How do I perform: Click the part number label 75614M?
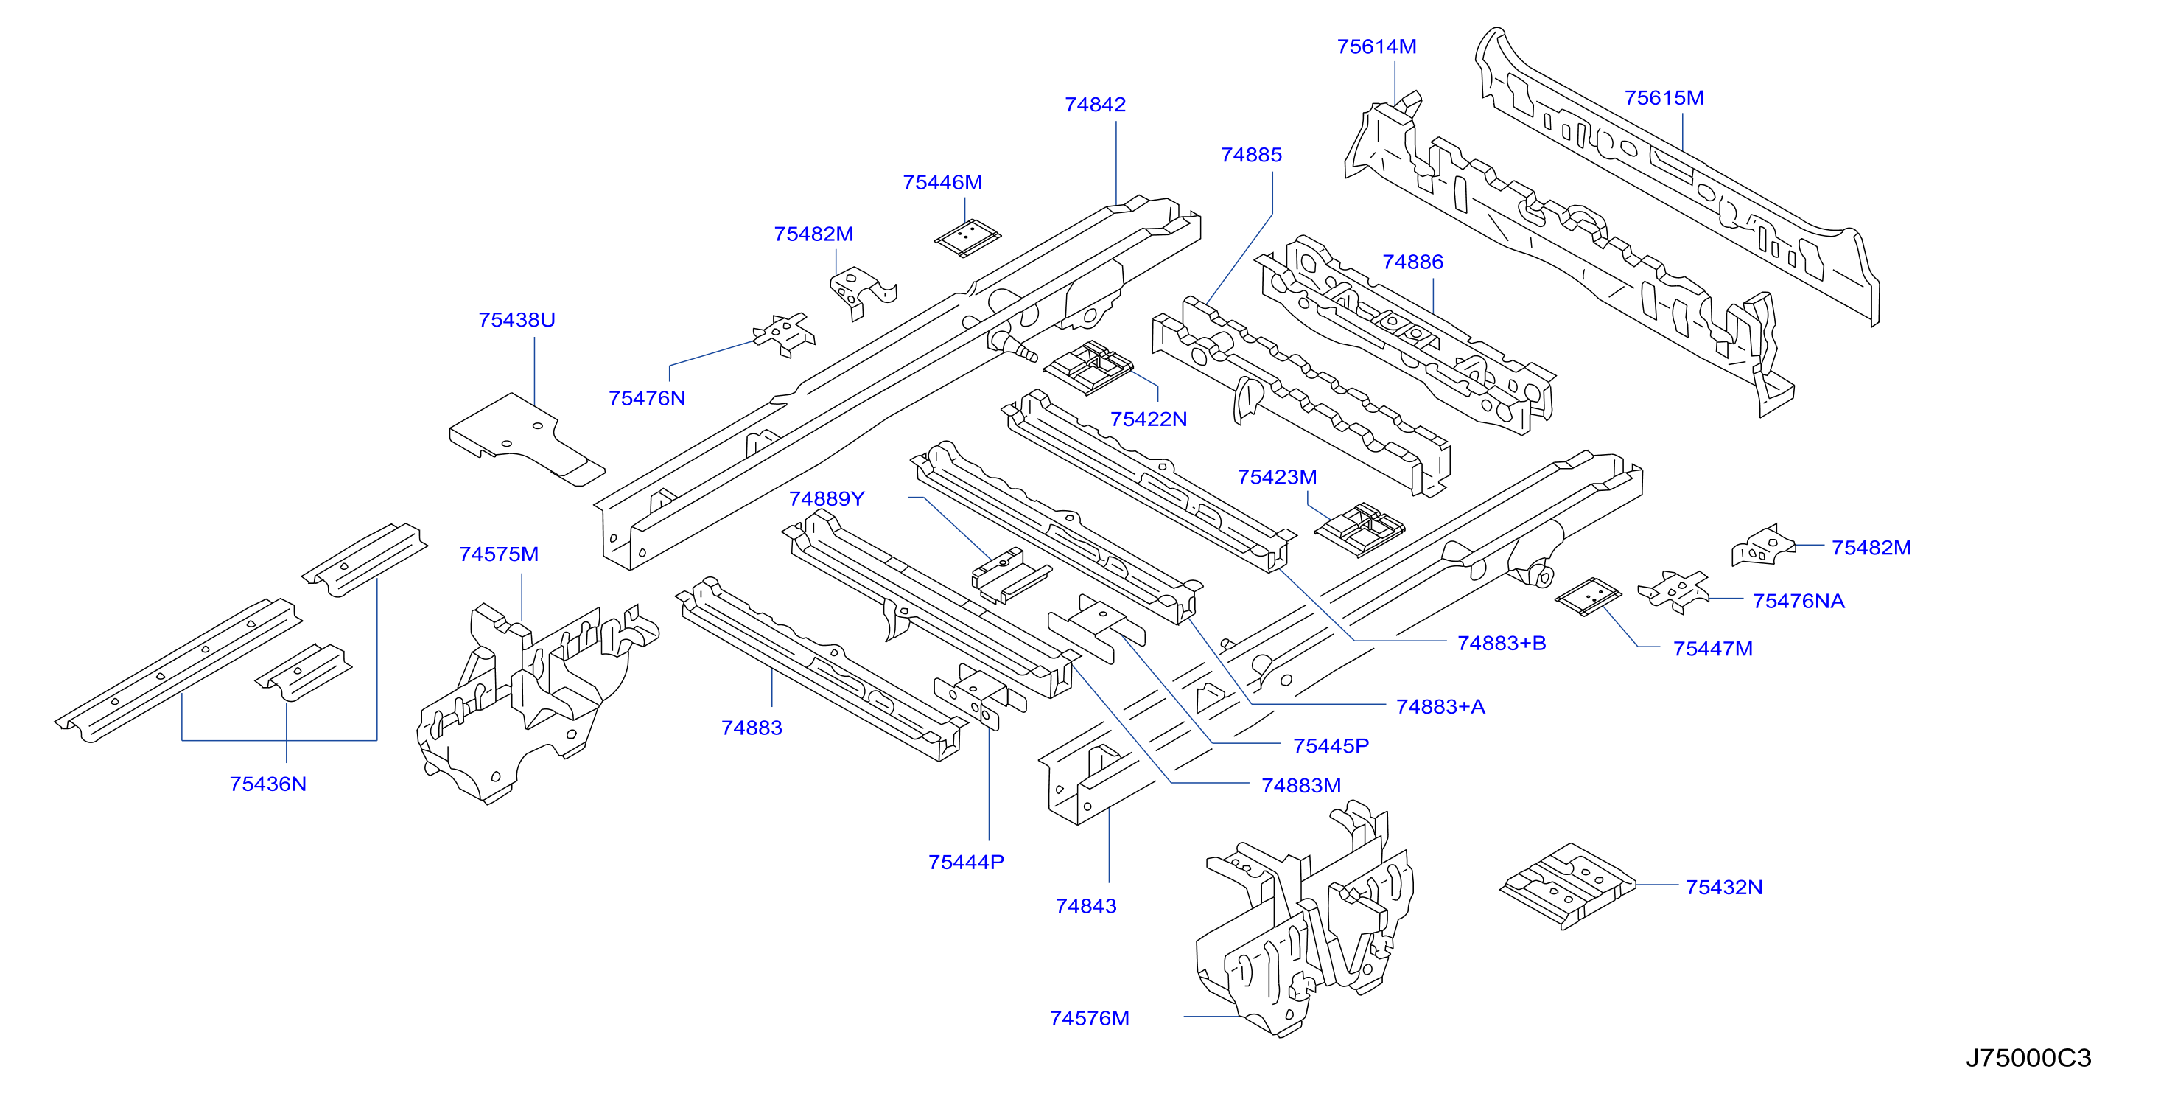[x=1376, y=46]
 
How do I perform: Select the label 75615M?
[x=1664, y=98]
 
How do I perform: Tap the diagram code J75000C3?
[x=2028, y=1058]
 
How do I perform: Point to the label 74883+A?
[x=1440, y=706]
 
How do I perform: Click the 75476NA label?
[x=1799, y=601]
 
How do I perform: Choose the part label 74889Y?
[x=827, y=498]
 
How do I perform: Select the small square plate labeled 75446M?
[x=967, y=238]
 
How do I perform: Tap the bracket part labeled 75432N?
[x=1567, y=886]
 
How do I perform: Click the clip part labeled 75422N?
[x=1087, y=367]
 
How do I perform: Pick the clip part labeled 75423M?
[x=1359, y=531]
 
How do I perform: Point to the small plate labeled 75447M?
[x=1589, y=596]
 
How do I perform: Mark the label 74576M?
[x=1089, y=1018]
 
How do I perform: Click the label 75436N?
[x=267, y=784]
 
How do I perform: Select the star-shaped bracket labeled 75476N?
[x=785, y=335]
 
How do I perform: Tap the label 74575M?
[x=498, y=554]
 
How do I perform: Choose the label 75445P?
[x=1331, y=746]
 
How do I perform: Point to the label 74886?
[x=1412, y=262]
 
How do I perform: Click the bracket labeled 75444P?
[x=979, y=698]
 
